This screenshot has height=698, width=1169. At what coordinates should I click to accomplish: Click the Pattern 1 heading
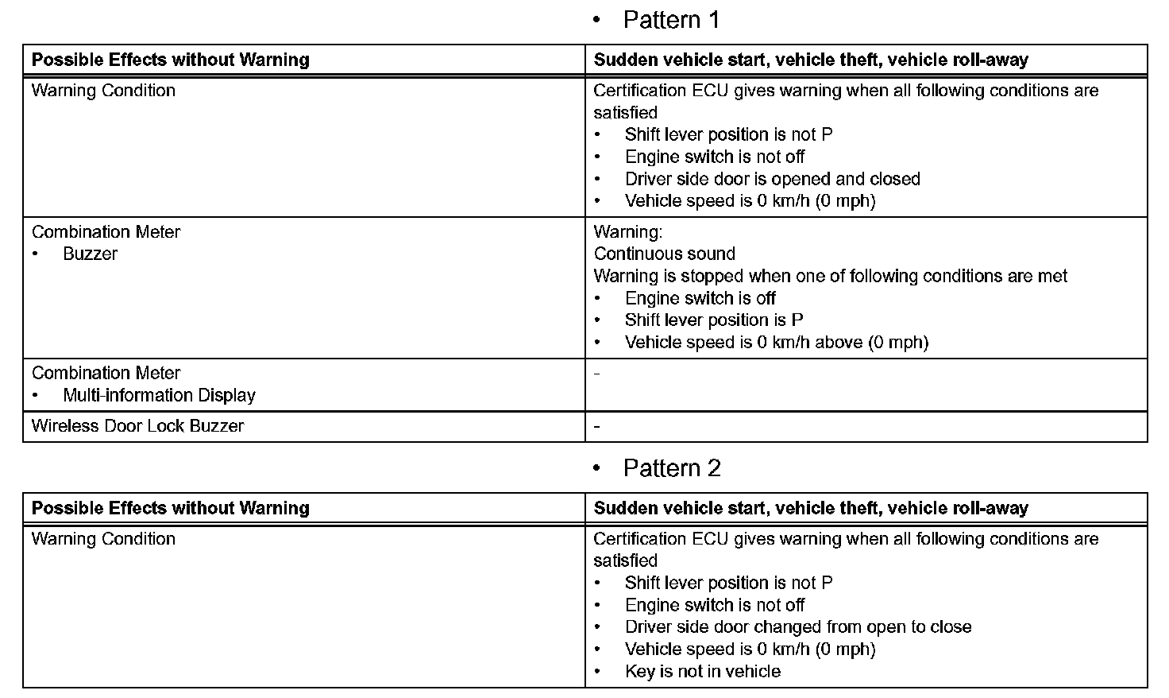point(671,20)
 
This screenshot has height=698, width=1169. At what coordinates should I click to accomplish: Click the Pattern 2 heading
point(671,468)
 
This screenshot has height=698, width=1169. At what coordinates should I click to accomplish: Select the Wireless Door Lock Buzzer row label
point(137,426)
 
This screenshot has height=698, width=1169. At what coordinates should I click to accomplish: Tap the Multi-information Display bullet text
point(159,395)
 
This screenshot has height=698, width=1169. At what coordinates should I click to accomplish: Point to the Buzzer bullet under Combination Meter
point(90,254)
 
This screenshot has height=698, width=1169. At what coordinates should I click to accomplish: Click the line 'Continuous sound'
point(664,254)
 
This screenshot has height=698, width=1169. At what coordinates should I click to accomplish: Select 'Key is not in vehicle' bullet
point(702,672)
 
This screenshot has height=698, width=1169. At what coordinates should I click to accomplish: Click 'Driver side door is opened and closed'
point(772,179)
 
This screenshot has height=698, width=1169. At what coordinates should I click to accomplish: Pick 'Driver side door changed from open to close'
point(797,627)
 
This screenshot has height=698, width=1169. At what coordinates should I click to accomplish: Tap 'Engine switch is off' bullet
point(700,298)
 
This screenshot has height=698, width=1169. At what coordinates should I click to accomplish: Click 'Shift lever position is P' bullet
point(713,320)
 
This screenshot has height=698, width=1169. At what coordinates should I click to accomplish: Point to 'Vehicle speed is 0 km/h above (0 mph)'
point(776,343)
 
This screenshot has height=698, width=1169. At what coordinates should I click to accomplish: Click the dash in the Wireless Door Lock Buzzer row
point(597,427)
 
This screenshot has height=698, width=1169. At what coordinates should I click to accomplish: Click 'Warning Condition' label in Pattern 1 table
point(103,91)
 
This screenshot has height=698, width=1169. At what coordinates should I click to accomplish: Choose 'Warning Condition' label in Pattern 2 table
point(103,539)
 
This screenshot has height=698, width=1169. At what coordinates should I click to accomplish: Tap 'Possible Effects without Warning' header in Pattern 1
point(170,60)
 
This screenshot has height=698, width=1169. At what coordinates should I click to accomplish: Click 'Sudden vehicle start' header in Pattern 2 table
point(810,508)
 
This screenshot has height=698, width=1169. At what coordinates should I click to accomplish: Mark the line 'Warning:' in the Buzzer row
point(627,232)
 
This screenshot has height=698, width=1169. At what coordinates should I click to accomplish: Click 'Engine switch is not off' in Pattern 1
point(714,157)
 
